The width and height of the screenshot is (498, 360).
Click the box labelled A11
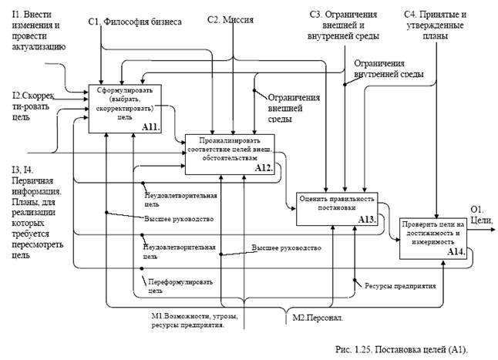[120, 107]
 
